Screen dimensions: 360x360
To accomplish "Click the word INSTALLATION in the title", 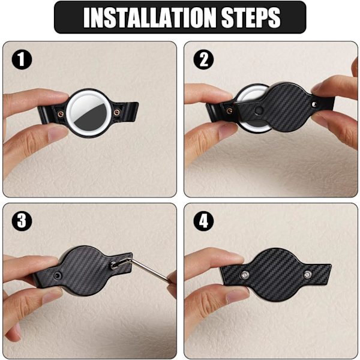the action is [149, 17].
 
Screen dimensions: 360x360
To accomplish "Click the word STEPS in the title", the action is [251, 17].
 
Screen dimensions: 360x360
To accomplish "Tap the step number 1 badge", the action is [22, 59].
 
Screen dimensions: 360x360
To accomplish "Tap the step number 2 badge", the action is [203, 59].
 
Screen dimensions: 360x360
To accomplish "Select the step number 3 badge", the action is [22, 221].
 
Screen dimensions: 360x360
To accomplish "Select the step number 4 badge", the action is [203, 221].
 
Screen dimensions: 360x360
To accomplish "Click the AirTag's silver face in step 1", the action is [89, 113].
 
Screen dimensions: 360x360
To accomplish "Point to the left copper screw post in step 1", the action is [61, 113].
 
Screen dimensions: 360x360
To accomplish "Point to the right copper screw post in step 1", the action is [117, 112].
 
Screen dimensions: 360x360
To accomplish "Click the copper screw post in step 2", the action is [229, 111].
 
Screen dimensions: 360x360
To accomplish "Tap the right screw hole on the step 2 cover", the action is [314, 105].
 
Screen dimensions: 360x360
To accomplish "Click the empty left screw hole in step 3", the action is [58, 275].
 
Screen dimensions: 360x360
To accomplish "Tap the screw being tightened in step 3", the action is [113, 265].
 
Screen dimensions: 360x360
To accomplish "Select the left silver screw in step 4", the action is [245, 275].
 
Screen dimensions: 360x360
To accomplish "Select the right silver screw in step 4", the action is [307, 275].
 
